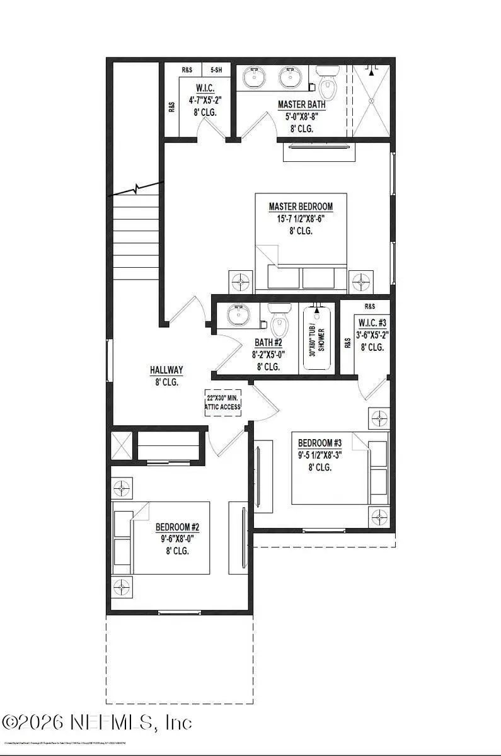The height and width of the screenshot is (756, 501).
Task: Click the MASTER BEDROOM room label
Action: click(x=300, y=207)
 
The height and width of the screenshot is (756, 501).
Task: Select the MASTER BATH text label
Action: click(x=302, y=104)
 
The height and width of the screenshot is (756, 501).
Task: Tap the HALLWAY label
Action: click(x=166, y=370)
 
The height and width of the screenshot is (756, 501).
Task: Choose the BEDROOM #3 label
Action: click(x=321, y=442)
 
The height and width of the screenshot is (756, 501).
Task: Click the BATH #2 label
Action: click(x=269, y=343)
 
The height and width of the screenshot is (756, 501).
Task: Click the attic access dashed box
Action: click(x=223, y=403)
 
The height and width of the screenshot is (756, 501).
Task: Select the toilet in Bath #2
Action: click(x=279, y=321)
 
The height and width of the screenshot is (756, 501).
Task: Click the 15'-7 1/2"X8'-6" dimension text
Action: click(x=300, y=219)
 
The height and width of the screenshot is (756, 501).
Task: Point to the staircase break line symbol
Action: click(x=135, y=188)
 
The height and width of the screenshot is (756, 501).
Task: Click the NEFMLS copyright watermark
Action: click(x=97, y=721)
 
